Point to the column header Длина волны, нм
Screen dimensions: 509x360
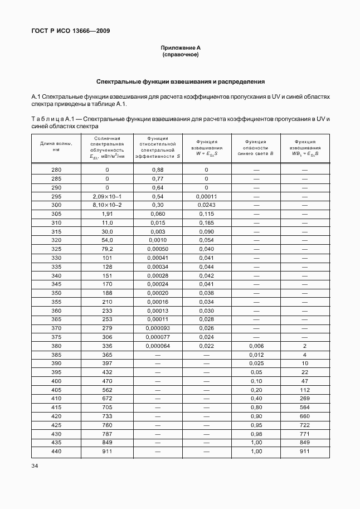click(x=56, y=146)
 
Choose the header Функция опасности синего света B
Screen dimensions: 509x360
click(x=256, y=147)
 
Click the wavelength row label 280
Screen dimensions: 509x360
click(x=56, y=169)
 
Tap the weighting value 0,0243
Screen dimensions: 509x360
click(x=206, y=205)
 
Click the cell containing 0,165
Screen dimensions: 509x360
click(x=206, y=222)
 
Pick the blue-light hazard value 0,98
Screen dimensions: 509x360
click(x=256, y=434)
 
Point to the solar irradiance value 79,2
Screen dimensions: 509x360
click(x=107, y=249)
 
